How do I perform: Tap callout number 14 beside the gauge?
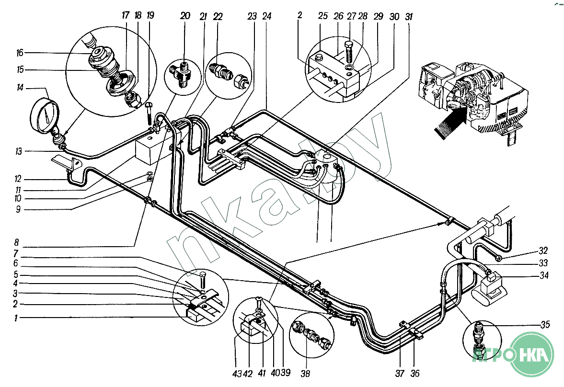20,87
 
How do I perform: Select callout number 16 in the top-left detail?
20,53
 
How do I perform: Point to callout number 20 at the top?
185,16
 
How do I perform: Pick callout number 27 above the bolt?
351,16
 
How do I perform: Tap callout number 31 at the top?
409,17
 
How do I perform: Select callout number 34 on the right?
544,275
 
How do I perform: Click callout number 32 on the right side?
543,250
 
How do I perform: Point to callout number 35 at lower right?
545,324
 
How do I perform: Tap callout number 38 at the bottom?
305,374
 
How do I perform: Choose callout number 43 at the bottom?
237,374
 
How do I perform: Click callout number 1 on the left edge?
15,318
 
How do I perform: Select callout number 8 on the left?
16,243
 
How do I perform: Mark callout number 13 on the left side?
19,151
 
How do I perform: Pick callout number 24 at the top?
266,16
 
